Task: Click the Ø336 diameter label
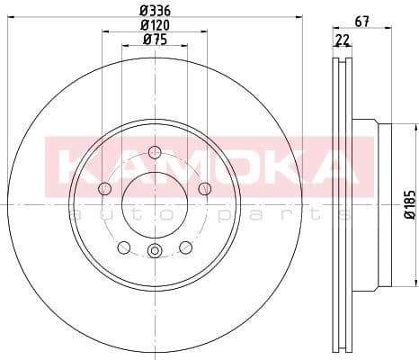[x=154, y=12]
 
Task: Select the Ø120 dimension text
[x=154, y=25]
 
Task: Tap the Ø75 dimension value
[x=154, y=39]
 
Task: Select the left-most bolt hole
[x=104, y=188]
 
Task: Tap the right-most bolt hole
[x=204, y=188]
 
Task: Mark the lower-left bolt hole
[x=123, y=247]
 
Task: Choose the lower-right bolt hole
[x=185, y=247]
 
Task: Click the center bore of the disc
[x=154, y=203]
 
